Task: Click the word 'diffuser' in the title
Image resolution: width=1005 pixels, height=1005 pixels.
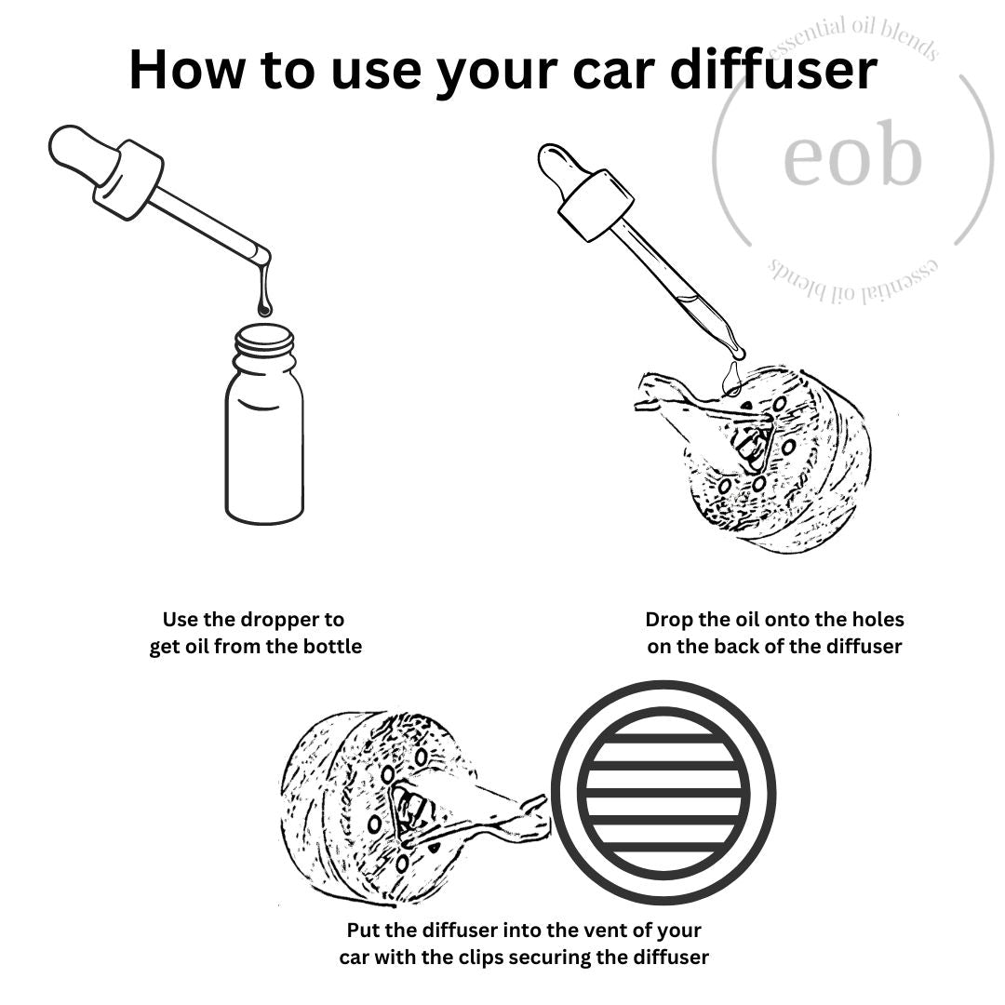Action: pyautogui.click(x=773, y=69)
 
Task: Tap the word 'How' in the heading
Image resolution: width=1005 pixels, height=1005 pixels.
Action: pyautogui.click(x=186, y=69)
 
